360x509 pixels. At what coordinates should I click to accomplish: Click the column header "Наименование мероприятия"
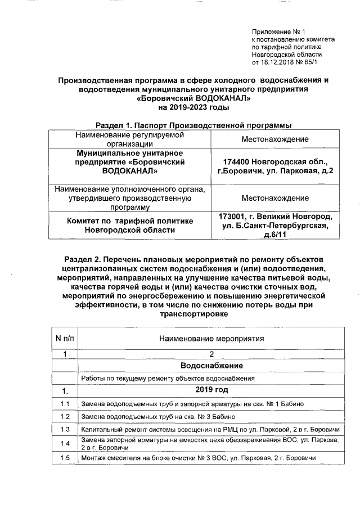pos(211,339)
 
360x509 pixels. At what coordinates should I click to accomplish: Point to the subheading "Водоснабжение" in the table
pos(211,366)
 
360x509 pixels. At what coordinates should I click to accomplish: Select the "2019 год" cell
pos(211,390)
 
